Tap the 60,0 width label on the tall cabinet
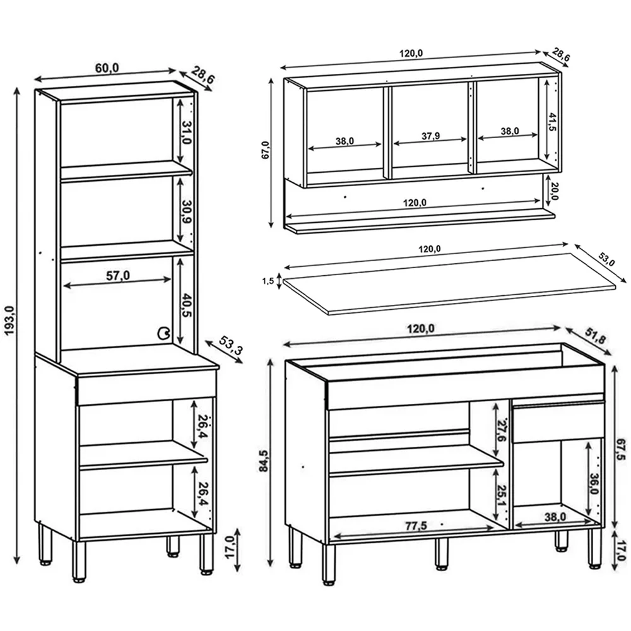tap(107, 68)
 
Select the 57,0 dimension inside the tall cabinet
tap(117, 275)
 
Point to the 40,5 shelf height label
tap(185, 305)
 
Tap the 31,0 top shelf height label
tap(186, 132)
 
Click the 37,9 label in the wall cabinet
tap(431, 136)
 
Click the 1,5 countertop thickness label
tap(268, 281)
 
